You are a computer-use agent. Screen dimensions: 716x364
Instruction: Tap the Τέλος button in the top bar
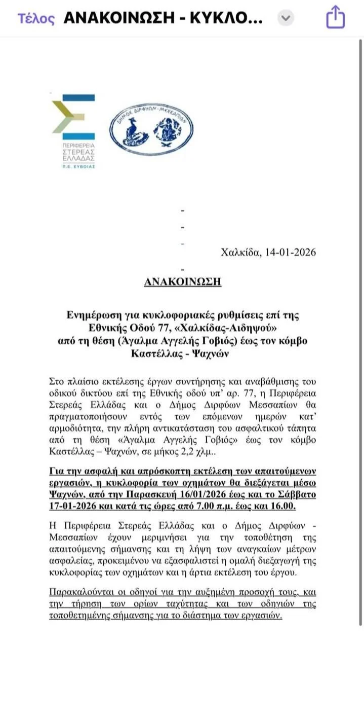point(36,19)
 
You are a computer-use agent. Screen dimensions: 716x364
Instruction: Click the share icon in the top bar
point(335,18)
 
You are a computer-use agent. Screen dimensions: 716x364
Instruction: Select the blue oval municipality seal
point(151,129)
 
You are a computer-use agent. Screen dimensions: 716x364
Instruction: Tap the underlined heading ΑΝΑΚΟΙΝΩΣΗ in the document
point(182,281)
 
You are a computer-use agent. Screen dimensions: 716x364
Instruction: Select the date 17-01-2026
point(75,506)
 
